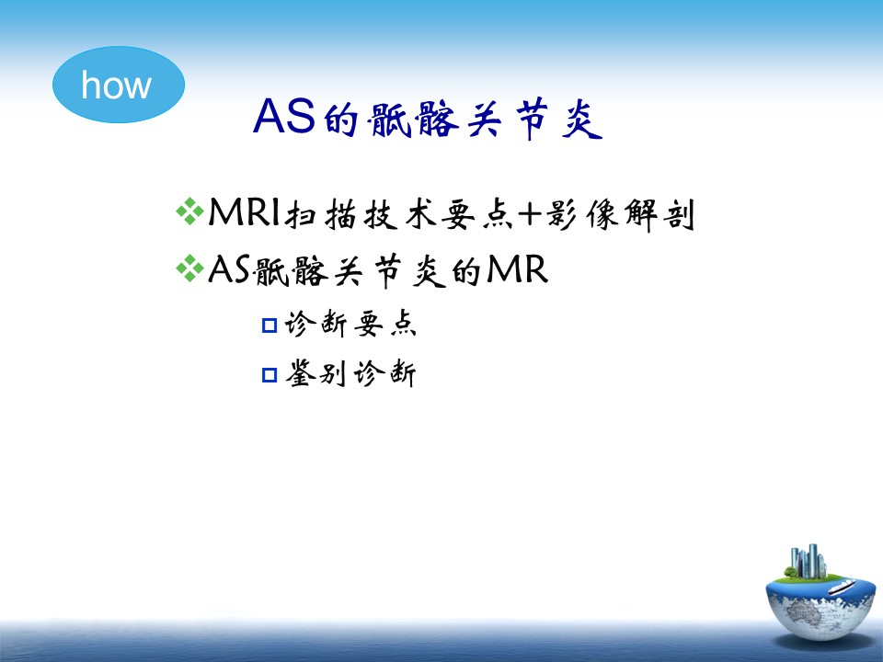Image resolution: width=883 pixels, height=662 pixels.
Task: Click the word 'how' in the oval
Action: point(117,85)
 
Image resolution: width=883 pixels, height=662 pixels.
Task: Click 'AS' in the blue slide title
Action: point(284,117)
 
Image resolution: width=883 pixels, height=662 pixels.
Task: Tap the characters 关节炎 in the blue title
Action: point(534,119)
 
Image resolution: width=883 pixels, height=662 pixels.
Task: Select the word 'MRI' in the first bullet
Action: point(244,212)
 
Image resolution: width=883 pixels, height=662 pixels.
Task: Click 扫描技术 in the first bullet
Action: point(361,214)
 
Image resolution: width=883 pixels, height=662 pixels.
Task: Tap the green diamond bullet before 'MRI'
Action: point(189,211)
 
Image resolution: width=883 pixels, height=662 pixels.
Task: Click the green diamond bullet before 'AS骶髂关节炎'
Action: point(189,268)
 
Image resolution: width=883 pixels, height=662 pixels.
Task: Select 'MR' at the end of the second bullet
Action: point(516,269)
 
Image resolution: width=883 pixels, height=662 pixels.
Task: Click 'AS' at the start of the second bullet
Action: point(229,269)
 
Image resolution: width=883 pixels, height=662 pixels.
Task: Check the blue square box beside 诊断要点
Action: point(269,325)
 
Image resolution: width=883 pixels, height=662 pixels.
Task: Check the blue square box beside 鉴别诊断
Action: point(269,375)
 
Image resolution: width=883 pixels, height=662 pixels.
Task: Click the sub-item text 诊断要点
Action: point(350,325)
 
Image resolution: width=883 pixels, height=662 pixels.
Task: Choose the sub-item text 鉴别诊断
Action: point(350,374)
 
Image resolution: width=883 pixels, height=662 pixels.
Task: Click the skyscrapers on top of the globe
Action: point(808,561)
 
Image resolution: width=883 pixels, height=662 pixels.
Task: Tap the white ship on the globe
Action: point(841,588)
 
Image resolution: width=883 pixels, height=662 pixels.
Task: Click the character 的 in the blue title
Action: point(340,119)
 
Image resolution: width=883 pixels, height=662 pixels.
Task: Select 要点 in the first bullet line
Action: point(477,214)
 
